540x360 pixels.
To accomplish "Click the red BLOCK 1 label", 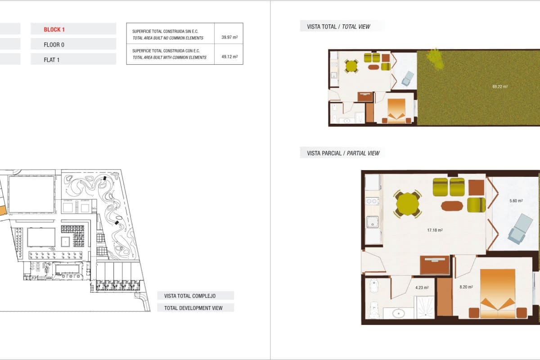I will [54, 30].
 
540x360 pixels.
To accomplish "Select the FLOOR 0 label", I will [54, 45].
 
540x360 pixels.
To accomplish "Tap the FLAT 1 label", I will [52, 59].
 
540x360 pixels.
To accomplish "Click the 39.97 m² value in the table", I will [229, 38].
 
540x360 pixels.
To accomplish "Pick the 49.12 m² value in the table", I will [229, 57].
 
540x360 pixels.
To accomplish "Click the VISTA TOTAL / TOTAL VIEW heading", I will [338, 27].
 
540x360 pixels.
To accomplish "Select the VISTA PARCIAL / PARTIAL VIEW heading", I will [343, 153].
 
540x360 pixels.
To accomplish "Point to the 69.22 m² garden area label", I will [500, 86].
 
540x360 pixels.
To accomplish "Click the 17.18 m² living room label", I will [435, 230].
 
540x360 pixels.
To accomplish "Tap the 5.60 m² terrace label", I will [516, 201].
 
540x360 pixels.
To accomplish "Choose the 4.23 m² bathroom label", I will [422, 287].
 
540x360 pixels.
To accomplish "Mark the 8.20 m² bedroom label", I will [465, 287].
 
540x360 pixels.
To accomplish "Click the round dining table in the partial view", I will [408, 205].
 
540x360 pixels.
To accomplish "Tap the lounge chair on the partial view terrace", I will [520, 228].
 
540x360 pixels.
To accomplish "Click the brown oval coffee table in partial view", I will [452, 206].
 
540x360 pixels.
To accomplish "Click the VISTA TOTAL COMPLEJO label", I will [190, 296].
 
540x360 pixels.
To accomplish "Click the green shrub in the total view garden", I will [435, 58].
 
